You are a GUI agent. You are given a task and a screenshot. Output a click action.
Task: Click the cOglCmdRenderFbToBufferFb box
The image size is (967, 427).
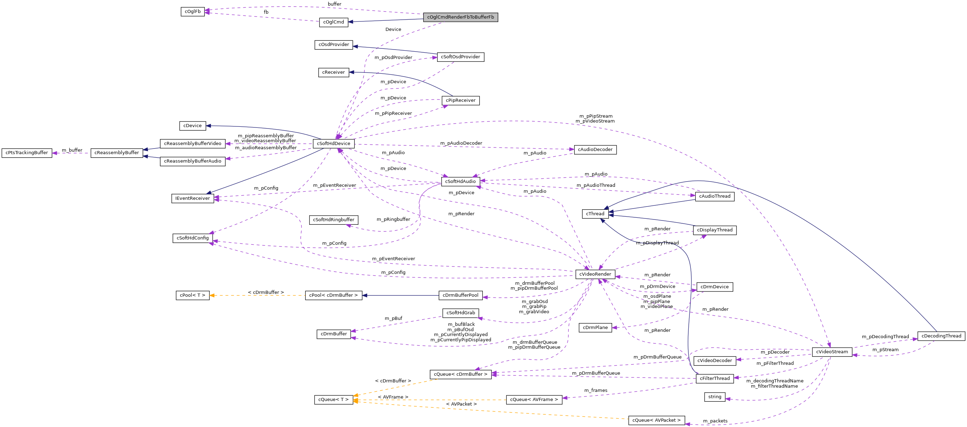[x=460, y=17]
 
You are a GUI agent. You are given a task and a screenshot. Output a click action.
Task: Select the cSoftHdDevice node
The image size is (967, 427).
[x=333, y=144]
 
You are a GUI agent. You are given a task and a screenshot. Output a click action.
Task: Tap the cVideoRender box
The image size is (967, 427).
[x=595, y=274]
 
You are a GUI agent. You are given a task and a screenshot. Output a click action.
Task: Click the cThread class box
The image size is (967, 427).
[x=595, y=214]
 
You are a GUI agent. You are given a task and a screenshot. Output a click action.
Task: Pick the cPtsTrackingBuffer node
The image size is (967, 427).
[x=27, y=153]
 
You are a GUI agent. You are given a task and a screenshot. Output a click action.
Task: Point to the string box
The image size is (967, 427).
[x=714, y=397]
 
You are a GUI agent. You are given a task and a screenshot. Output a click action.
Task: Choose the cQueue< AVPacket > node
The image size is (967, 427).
[x=656, y=420]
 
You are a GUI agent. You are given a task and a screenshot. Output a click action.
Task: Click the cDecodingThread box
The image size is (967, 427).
[x=941, y=336]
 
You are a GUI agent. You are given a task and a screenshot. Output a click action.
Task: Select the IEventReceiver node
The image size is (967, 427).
[x=193, y=198]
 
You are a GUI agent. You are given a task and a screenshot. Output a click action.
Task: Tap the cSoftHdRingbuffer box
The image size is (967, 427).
[x=333, y=220]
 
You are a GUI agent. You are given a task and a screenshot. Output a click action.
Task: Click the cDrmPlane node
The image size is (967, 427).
[x=595, y=328]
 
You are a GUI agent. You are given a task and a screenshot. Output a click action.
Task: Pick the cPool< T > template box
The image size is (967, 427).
[x=193, y=295]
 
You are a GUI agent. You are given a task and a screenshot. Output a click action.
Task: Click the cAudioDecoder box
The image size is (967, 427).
[x=595, y=150]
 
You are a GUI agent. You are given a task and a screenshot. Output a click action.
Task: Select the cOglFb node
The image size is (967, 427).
[x=193, y=12]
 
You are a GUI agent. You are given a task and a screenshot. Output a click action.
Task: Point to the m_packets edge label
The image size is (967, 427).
[x=715, y=421]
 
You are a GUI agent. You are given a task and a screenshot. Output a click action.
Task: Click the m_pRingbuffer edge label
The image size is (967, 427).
[x=393, y=219]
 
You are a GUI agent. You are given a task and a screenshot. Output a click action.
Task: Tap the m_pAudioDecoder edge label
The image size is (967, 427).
[x=461, y=143]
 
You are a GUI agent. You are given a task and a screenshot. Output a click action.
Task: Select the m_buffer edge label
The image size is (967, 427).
[x=72, y=150]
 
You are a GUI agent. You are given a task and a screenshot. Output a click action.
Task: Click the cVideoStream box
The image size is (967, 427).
[x=832, y=352]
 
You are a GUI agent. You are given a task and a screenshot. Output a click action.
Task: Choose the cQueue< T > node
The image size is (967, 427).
[x=333, y=400]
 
